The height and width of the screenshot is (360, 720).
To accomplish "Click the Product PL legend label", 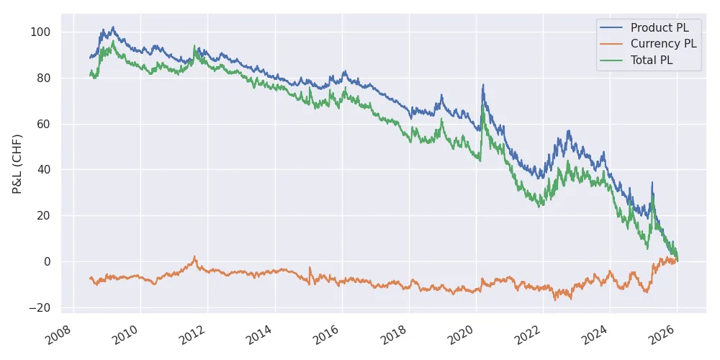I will [x=659, y=28].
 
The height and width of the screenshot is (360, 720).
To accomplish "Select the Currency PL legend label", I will [x=663, y=45].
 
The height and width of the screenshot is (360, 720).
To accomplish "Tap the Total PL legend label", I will [x=652, y=60].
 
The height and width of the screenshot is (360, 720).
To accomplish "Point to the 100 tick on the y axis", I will [x=41, y=32].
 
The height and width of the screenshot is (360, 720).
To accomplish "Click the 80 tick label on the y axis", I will [x=44, y=78].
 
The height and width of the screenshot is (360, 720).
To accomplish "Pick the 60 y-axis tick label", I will [x=44, y=124].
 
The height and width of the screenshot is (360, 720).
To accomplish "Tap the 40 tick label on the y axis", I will [x=44, y=170].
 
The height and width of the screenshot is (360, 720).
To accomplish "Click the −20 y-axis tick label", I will [x=40, y=307].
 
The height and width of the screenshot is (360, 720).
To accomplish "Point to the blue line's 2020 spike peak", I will [x=483, y=85].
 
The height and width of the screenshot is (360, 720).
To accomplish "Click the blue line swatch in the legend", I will [x=613, y=28].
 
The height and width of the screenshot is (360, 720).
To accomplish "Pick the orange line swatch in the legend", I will [x=613, y=45].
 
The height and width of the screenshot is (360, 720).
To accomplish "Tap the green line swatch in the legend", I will [x=613, y=60].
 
